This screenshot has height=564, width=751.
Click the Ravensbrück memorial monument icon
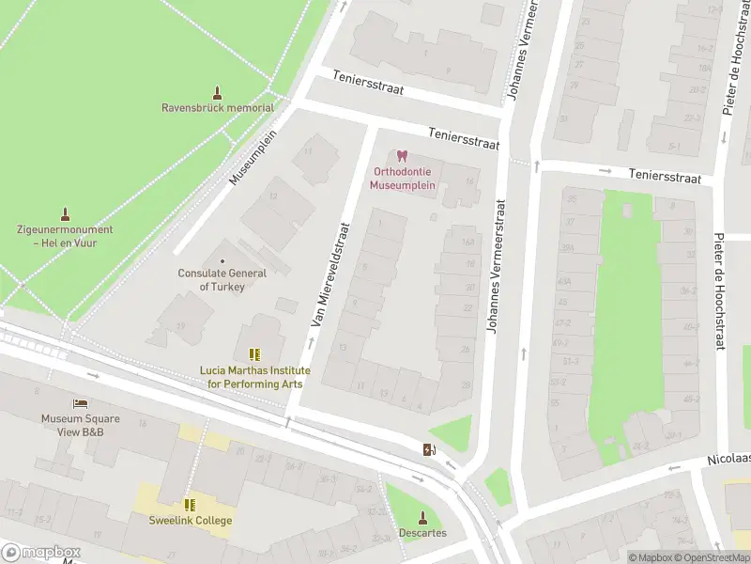pyautogui.click(x=218, y=93)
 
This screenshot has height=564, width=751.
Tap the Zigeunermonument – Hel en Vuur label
pyautogui.click(x=65, y=236)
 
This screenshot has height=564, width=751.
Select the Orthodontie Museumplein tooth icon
pyautogui.click(x=403, y=156)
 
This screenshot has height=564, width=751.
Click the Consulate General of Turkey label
pyautogui.click(x=222, y=279)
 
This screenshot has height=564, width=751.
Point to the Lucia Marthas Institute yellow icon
pyautogui.click(x=253, y=354)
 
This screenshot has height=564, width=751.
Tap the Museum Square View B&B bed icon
pyautogui.click(x=80, y=403)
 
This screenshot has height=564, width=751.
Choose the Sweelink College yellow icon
pyautogui.click(x=190, y=505)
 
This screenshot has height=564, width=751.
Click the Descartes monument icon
pyautogui.click(x=422, y=517)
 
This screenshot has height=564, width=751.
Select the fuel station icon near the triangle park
pyautogui.click(x=429, y=449)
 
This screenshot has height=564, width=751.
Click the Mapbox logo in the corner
pyautogui.click(x=40, y=552)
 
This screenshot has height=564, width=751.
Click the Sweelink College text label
pyautogui.click(x=190, y=521)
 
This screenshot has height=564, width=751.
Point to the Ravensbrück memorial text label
pyautogui.click(x=218, y=108)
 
